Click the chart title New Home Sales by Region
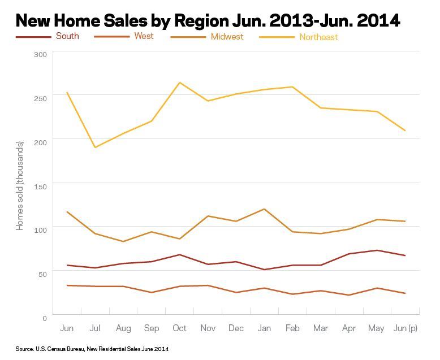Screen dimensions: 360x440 [x=208, y=20]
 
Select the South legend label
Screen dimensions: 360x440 [x=67, y=36]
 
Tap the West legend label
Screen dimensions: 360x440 [x=144, y=36]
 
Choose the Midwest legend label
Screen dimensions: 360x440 [x=227, y=37]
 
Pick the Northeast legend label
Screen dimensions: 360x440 [x=318, y=37]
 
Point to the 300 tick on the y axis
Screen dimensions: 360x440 [x=40, y=54]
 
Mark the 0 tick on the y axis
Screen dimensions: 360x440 [x=44, y=318]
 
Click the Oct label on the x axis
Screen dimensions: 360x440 [x=179, y=328]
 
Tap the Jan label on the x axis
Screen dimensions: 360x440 [x=264, y=328]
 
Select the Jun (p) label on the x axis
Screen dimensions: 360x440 [x=405, y=328]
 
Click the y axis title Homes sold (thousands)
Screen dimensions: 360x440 [x=20, y=185]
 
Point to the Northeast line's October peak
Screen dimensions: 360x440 [x=179, y=83]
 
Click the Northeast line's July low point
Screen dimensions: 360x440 [x=95, y=148]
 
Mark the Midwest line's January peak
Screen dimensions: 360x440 [x=264, y=209]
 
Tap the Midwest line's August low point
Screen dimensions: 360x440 [x=123, y=241]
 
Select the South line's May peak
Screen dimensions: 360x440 [x=377, y=250]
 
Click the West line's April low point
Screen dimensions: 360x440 [x=348, y=295]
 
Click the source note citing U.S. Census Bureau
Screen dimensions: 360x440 [x=92, y=349]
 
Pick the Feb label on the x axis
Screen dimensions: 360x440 [x=292, y=328]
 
